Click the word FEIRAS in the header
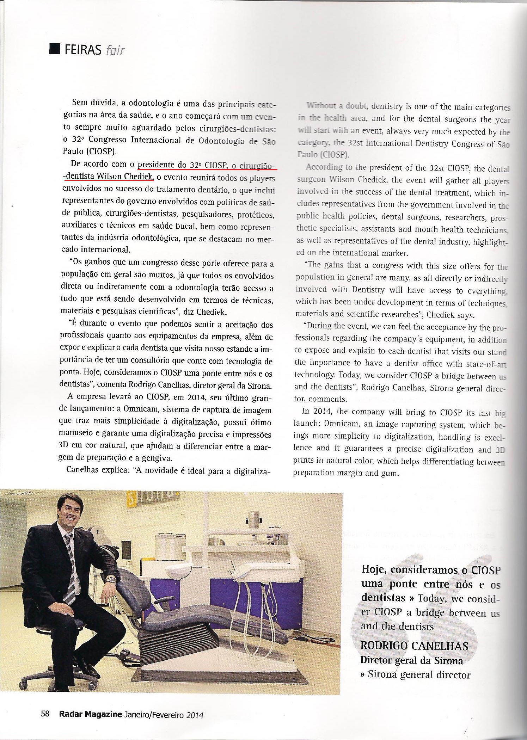pos(83,50)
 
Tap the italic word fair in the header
pos(115,50)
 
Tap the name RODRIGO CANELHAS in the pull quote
pos(414,646)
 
